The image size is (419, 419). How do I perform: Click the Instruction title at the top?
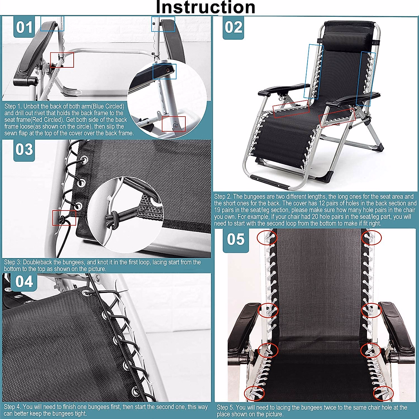(205, 7)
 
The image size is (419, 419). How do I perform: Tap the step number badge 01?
(24, 27)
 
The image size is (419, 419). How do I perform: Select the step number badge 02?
(233, 27)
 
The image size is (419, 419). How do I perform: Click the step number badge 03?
(24, 149)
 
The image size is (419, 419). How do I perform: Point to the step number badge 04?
(24, 281)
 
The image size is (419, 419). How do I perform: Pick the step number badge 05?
(236, 240)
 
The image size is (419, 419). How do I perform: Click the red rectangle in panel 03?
(64, 218)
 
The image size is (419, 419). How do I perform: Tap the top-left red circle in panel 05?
(267, 238)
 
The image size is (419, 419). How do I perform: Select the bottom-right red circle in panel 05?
(381, 393)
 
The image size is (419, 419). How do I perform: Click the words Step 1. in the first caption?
(13, 106)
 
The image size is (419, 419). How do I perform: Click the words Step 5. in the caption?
(226, 407)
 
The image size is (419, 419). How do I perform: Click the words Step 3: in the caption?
(13, 262)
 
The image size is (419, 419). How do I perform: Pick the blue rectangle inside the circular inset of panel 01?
(164, 71)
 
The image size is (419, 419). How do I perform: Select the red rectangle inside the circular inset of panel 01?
(174, 124)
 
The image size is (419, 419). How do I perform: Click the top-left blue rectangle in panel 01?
(52, 23)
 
